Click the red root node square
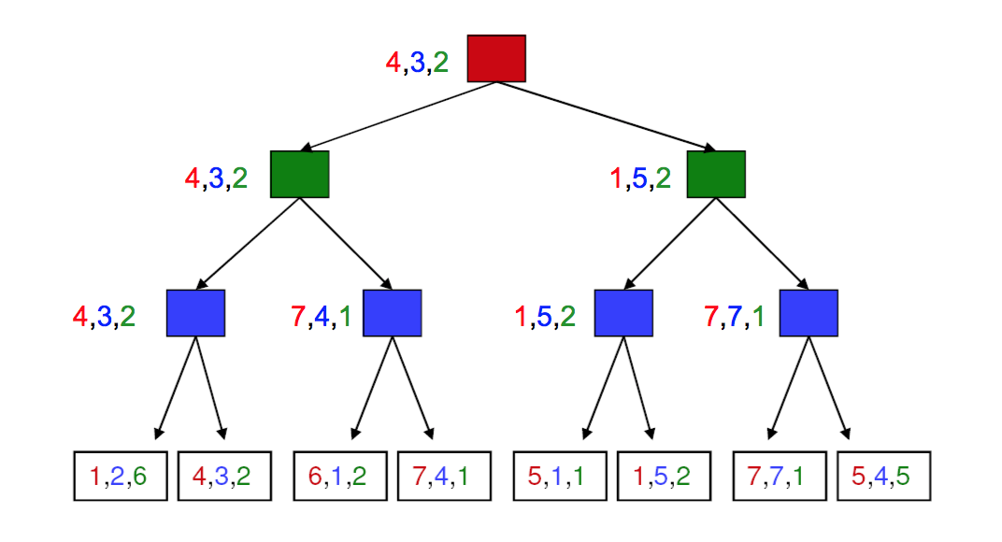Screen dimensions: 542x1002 pyautogui.click(x=496, y=58)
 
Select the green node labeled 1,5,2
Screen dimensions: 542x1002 pyautogui.click(x=716, y=174)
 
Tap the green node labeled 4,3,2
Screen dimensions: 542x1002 pyautogui.click(x=300, y=174)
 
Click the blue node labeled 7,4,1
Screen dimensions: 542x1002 pyautogui.click(x=392, y=313)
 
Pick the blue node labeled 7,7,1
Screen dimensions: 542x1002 pyautogui.click(x=809, y=313)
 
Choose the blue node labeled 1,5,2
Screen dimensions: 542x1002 pyautogui.click(x=623, y=313)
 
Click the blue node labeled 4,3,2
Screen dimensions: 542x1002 pyautogui.click(x=195, y=313)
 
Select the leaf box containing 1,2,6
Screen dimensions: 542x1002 pyautogui.click(x=121, y=477)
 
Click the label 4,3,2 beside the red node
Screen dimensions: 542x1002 pyautogui.click(x=417, y=63)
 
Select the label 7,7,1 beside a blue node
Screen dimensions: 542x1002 pyautogui.click(x=734, y=317)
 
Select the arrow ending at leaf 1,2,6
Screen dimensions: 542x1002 pyautogui.click(x=177, y=388)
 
